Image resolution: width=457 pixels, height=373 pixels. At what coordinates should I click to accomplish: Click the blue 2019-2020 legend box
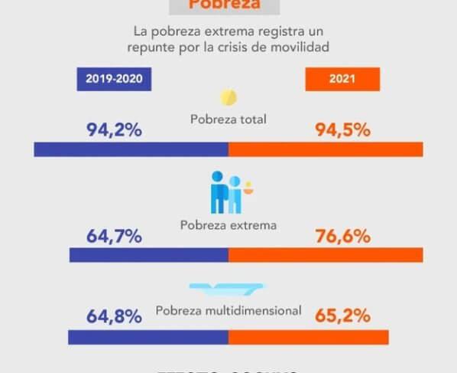pyautogui.click(x=114, y=79)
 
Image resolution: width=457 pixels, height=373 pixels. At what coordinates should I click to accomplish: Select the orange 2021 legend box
pyautogui.click(x=342, y=79)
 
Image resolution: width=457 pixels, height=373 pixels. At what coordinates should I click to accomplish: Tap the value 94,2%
pyautogui.click(x=114, y=129)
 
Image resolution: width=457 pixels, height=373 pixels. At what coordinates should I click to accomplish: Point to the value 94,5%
pyautogui.click(x=342, y=129)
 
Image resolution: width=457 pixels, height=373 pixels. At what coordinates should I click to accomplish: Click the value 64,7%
pyautogui.click(x=114, y=236)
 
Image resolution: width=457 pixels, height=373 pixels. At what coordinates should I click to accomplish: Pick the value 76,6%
pyautogui.click(x=342, y=236)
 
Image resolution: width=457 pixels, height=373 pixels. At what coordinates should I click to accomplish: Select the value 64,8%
pyautogui.click(x=114, y=316)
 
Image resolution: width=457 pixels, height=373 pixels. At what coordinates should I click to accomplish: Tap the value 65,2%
pyautogui.click(x=342, y=316)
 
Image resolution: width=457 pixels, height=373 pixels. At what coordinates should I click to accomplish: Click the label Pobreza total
pyautogui.click(x=228, y=119)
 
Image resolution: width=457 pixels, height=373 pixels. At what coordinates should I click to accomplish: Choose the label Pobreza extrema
pyautogui.click(x=228, y=226)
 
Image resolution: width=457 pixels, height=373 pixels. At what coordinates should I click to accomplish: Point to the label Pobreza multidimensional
pyautogui.click(x=228, y=311)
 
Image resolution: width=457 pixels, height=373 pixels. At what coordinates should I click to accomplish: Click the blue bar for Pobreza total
pyautogui.click(x=131, y=149)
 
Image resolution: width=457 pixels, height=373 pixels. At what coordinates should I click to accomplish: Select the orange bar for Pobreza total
pyautogui.click(x=326, y=149)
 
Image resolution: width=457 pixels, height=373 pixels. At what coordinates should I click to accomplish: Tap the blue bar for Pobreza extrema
pyautogui.click(x=148, y=255)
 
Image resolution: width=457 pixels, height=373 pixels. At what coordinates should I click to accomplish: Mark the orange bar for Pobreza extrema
pyautogui.click(x=326, y=255)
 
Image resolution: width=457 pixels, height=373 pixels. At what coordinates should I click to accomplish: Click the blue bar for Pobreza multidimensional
pyautogui.click(x=147, y=337)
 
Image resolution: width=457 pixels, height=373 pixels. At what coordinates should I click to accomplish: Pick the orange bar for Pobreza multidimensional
pyautogui.click(x=308, y=337)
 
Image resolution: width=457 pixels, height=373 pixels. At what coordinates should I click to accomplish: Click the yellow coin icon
pyautogui.click(x=228, y=98)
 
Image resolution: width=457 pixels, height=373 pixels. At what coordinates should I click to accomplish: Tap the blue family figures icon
pyautogui.click(x=227, y=192)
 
